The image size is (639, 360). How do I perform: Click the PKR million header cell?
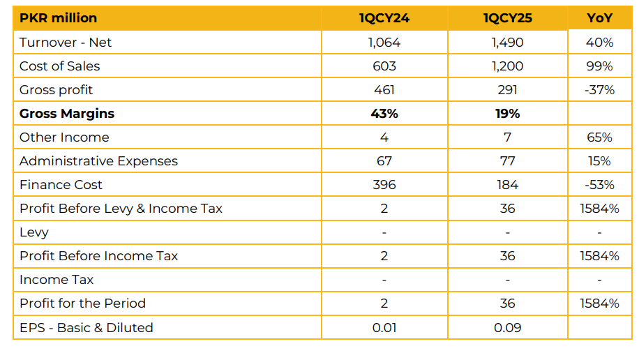tap(59, 18)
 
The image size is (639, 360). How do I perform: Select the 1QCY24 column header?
tap(384, 18)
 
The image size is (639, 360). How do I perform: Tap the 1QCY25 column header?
tap(507, 18)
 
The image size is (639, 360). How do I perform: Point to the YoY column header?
tap(599, 18)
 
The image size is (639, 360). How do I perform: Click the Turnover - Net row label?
tap(66, 43)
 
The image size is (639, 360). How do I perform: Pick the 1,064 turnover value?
tap(384, 43)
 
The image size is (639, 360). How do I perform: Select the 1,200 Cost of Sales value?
tap(507, 66)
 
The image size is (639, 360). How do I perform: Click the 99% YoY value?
tap(599, 66)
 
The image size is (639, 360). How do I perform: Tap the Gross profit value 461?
tap(384, 90)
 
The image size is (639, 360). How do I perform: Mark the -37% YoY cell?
tap(599, 90)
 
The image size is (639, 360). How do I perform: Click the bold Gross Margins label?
tap(67, 114)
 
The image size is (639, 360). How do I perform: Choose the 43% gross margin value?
tap(384, 114)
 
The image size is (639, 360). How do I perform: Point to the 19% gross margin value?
tap(507, 114)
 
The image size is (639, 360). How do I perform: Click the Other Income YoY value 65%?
tap(599, 137)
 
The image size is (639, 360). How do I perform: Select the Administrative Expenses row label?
tap(98, 161)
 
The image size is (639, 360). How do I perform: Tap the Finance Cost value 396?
tap(384, 185)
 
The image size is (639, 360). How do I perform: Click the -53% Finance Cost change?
tap(599, 185)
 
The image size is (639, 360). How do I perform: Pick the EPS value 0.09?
tap(507, 327)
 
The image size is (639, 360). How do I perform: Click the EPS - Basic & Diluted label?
tap(87, 327)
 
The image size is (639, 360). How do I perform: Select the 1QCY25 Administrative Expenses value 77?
tap(507, 161)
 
